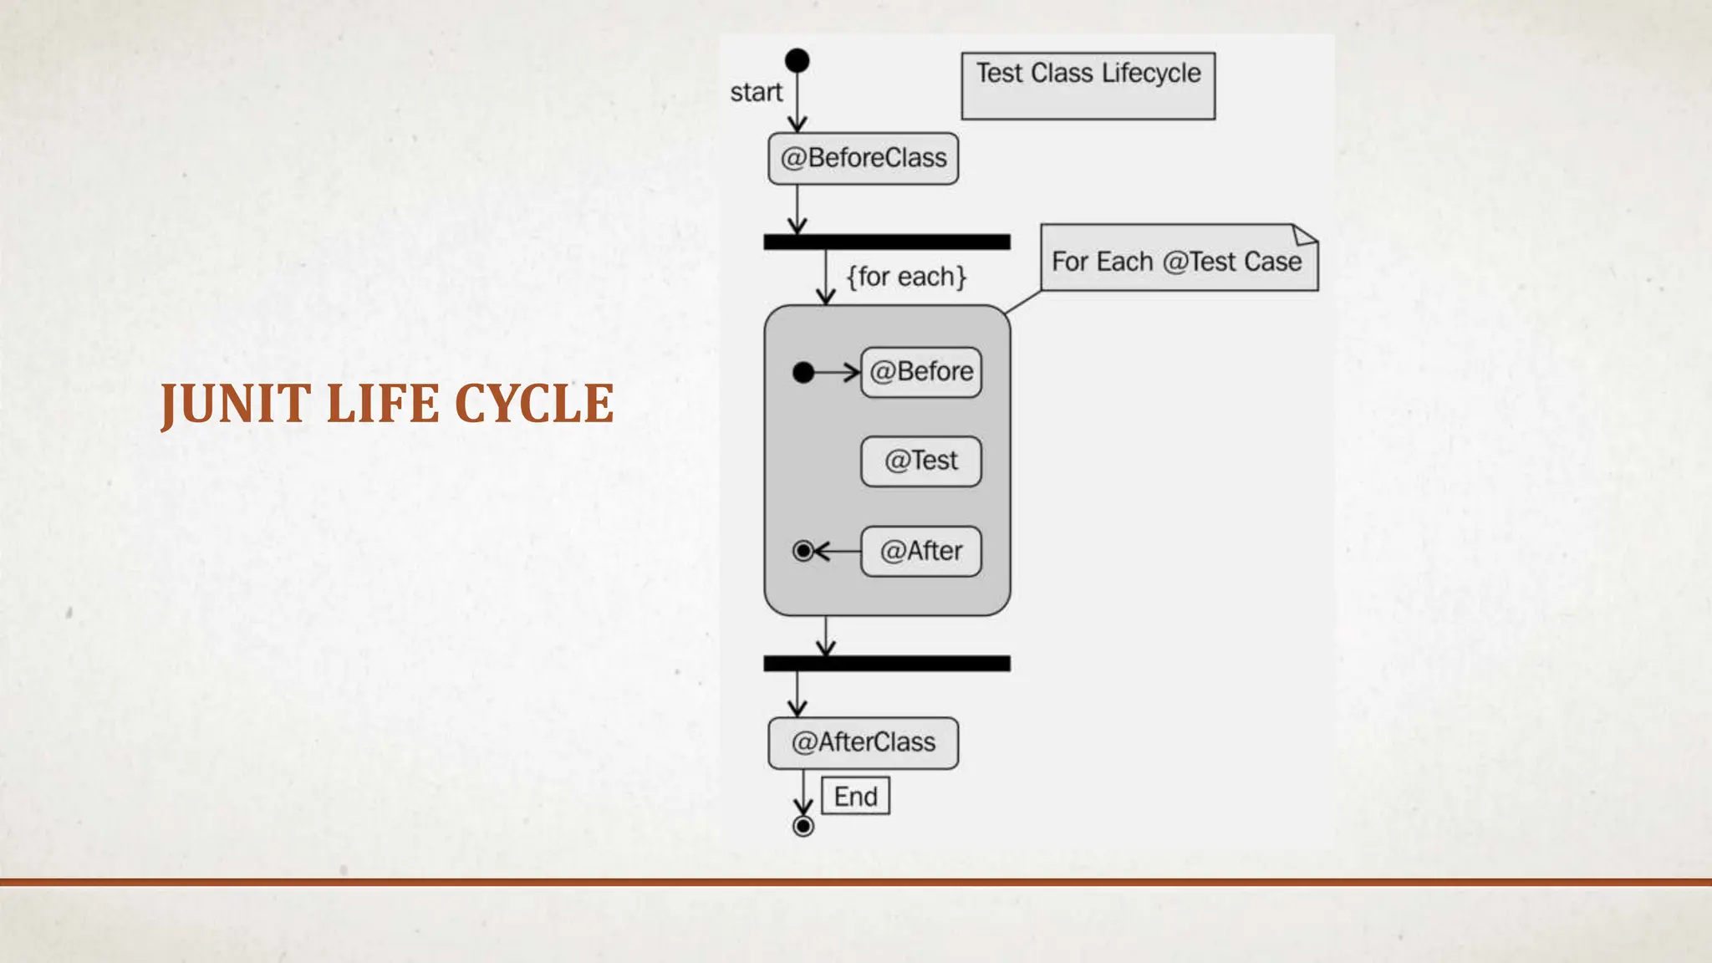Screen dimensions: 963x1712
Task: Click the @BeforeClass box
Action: coord(863,158)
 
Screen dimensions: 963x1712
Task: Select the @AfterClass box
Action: coord(863,742)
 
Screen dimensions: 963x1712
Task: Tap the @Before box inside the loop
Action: coord(920,372)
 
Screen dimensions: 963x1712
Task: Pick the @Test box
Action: coord(920,461)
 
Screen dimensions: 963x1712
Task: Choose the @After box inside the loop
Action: coord(920,551)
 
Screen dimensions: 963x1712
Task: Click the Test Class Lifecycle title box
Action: coord(1088,85)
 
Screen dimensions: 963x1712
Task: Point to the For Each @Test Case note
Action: coord(1176,261)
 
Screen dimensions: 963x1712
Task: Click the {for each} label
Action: coord(906,277)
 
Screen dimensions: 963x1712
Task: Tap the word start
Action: coord(756,92)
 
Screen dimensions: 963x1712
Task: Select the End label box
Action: coord(855,796)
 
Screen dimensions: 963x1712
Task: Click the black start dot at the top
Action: coord(797,60)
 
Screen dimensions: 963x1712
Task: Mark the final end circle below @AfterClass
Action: coord(803,827)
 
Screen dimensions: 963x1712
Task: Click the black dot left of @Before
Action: coord(803,372)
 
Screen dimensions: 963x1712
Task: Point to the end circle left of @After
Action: coord(803,551)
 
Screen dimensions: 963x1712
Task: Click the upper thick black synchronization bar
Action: coord(886,242)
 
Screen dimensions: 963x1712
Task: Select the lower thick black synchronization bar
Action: coord(886,663)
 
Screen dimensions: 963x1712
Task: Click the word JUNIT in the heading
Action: coord(236,405)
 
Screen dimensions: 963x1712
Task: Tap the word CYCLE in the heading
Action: coord(534,405)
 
